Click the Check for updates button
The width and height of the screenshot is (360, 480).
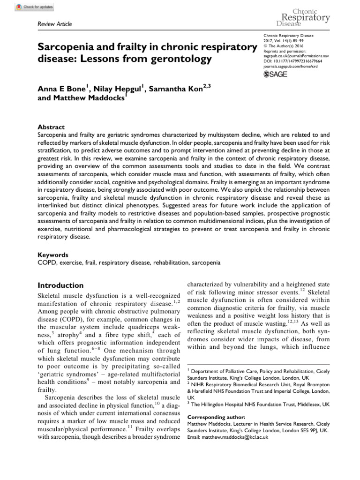[x=35, y=7]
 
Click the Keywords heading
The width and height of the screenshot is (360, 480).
[x=52, y=255]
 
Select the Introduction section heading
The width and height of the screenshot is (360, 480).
[x=60, y=285]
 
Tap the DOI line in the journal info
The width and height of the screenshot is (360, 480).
[x=294, y=60]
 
